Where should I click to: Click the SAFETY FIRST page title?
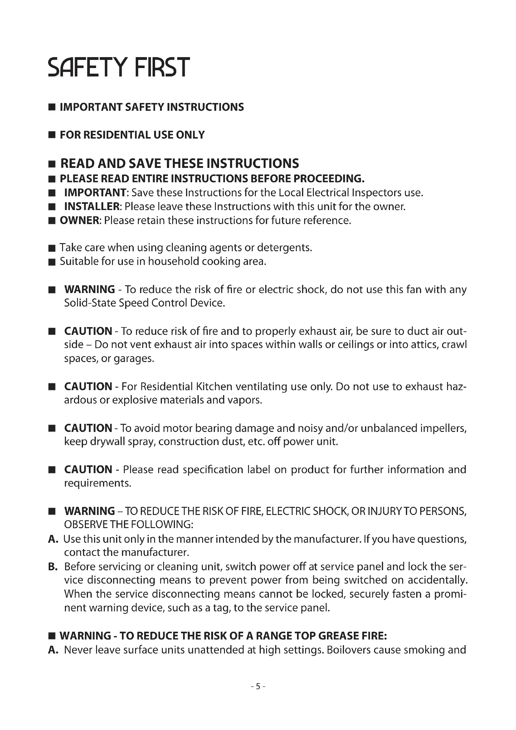click(x=119, y=67)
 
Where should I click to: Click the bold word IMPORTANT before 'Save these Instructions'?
click(x=95, y=193)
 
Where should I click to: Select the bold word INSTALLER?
click(x=91, y=207)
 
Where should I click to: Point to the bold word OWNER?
click(x=80, y=220)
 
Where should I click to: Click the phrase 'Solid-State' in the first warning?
click(x=90, y=303)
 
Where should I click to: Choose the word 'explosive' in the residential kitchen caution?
click(x=135, y=400)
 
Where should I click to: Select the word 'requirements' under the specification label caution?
click(x=97, y=483)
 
